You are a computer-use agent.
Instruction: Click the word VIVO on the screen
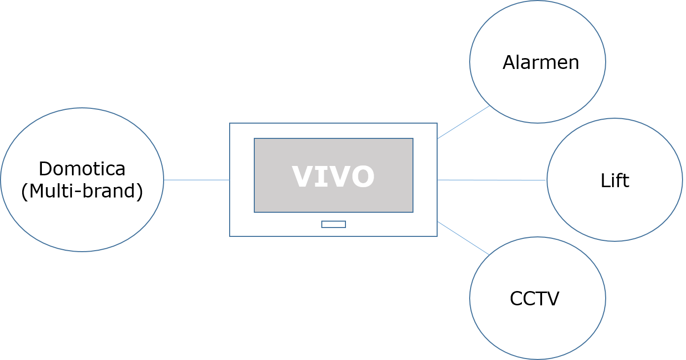tap(333, 176)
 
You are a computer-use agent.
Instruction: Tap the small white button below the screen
tap(334, 225)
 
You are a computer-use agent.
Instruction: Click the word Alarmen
tap(541, 63)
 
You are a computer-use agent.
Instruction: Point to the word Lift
tap(615, 181)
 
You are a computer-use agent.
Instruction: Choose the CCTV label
tap(534, 298)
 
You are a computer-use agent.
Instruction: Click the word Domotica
tap(82, 169)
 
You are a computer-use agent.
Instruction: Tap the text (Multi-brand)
tap(82, 191)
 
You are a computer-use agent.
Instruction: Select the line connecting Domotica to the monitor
tap(197, 180)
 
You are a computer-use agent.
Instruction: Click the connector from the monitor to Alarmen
tap(463, 123)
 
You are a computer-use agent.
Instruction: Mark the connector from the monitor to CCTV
tap(463, 238)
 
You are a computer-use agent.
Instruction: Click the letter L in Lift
tap(604, 181)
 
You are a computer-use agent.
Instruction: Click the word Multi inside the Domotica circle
tap(50, 191)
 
